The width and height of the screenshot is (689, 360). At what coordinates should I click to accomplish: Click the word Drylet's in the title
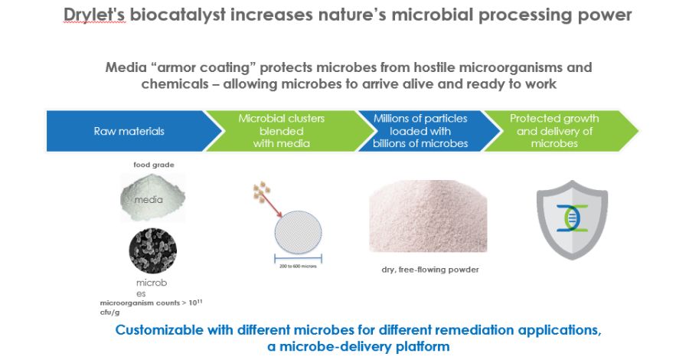point(94,15)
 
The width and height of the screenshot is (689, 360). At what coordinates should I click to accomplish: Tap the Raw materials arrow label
point(129,131)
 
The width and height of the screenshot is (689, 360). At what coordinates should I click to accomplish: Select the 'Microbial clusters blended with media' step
point(281,131)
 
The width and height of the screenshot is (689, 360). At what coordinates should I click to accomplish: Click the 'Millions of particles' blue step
point(420,131)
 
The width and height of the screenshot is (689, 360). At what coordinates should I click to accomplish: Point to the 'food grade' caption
point(154,165)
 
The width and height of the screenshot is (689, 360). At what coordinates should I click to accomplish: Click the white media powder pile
point(153,198)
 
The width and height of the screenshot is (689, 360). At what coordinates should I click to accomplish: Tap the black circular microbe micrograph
point(153,250)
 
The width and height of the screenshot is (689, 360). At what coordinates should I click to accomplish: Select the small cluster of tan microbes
point(262,192)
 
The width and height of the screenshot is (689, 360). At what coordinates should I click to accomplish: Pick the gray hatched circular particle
point(299,233)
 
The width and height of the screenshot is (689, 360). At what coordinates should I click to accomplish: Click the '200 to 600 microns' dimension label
point(298,266)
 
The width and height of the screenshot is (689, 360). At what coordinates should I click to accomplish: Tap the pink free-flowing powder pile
point(428,216)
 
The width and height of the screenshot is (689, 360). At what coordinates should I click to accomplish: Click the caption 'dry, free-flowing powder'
point(430,270)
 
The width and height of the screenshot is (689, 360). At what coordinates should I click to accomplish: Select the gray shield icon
point(572,220)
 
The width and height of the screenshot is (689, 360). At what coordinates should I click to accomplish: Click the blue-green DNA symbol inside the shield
point(572,218)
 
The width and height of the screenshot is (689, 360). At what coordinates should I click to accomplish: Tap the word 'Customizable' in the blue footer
point(159,331)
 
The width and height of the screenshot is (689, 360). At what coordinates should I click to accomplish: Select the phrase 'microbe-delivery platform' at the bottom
point(364,346)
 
